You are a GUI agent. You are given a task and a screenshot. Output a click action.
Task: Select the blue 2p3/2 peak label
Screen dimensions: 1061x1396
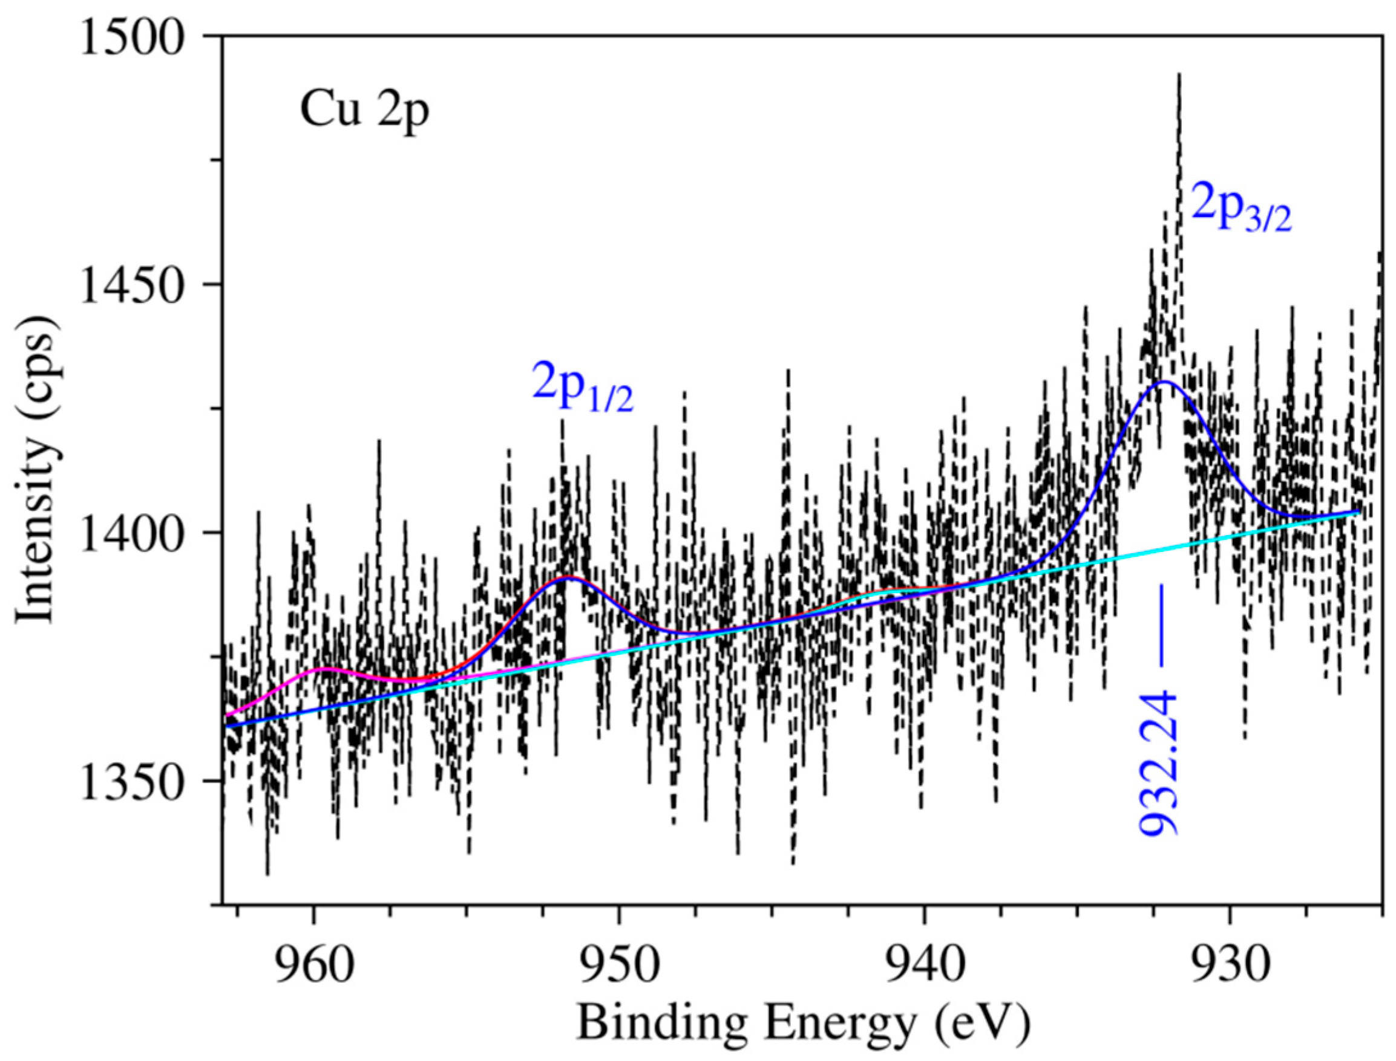(x=1240, y=212)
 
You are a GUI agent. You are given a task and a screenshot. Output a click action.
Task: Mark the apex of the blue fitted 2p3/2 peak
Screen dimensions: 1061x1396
(x=1164, y=381)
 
